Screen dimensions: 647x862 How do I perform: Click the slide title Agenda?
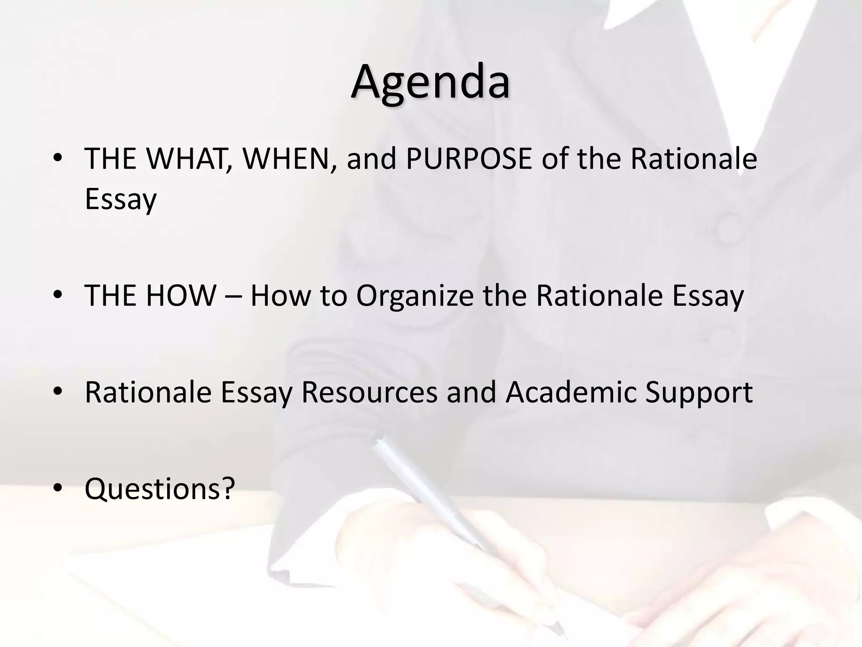[430, 82]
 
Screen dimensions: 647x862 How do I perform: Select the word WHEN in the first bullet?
[290, 159]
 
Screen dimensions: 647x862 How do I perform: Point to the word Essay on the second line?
[121, 199]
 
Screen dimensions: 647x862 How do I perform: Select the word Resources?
[369, 392]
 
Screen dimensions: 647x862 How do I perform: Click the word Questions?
[160, 489]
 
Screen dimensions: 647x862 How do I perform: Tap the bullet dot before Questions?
[58, 488]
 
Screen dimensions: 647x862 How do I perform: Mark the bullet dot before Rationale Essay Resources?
[58, 391]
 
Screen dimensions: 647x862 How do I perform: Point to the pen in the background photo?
[463, 527]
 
